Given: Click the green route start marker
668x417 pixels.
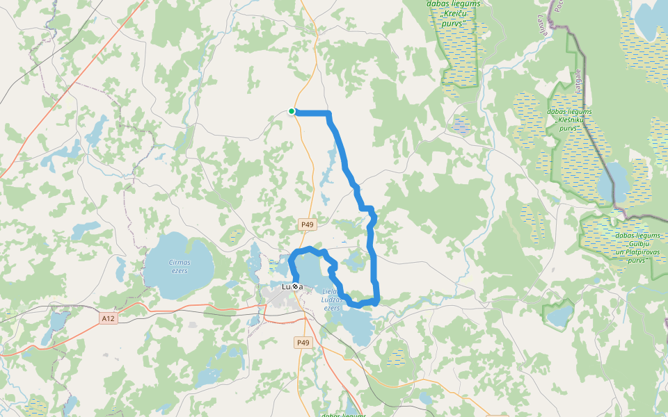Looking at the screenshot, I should (x=292, y=111).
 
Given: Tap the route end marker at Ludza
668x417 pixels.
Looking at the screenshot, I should (x=295, y=286).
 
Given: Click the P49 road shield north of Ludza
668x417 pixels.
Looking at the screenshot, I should (x=308, y=224).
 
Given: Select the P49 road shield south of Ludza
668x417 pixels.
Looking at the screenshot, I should (x=303, y=343).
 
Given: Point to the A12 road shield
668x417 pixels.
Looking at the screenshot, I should (x=107, y=318).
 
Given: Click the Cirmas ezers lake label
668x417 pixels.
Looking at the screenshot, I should (x=179, y=266).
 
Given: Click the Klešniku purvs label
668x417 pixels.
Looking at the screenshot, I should (x=569, y=120).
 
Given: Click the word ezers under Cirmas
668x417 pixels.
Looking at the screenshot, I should (x=179, y=270).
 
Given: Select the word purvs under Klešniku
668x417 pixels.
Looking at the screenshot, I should (x=568, y=128).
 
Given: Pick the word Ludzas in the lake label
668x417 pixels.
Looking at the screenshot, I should (x=331, y=300).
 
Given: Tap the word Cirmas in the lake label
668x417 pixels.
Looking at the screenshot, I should (x=179, y=262).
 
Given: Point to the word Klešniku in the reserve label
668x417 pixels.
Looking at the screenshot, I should (x=569, y=120).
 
